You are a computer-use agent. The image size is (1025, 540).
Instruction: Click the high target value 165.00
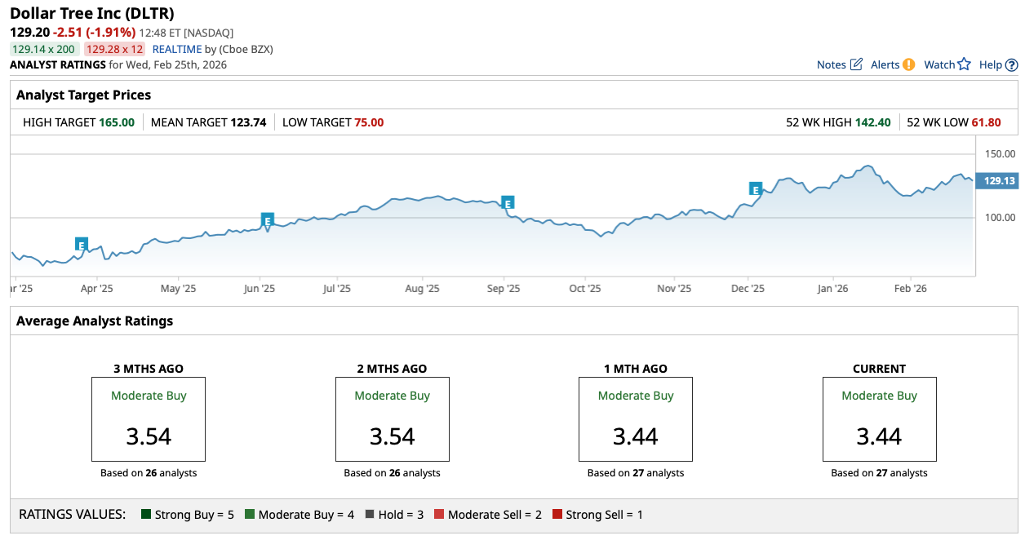tap(117, 122)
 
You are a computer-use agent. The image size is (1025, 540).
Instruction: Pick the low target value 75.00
tap(368, 122)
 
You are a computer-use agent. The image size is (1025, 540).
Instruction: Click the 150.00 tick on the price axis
tap(999, 153)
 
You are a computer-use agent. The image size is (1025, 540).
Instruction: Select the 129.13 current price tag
tap(999, 181)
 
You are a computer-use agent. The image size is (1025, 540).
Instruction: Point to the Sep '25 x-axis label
tap(504, 288)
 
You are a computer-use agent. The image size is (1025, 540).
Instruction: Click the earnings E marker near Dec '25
tap(756, 189)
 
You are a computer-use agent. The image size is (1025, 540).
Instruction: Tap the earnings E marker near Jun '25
tap(267, 219)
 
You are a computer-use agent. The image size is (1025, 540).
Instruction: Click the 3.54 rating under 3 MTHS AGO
tap(149, 436)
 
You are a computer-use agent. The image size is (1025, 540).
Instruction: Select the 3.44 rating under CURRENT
tap(879, 436)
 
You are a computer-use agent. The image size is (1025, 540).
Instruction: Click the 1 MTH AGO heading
tap(636, 369)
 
